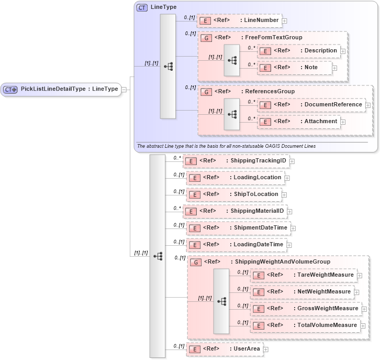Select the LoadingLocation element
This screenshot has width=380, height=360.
coord(236,178)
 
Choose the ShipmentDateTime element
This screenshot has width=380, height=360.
coord(238,228)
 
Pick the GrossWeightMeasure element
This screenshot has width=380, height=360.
coord(306,309)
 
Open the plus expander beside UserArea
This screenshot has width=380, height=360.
coord(266,350)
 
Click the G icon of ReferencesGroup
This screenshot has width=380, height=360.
coord(206,92)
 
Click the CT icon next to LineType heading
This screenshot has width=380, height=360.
coord(142,8)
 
